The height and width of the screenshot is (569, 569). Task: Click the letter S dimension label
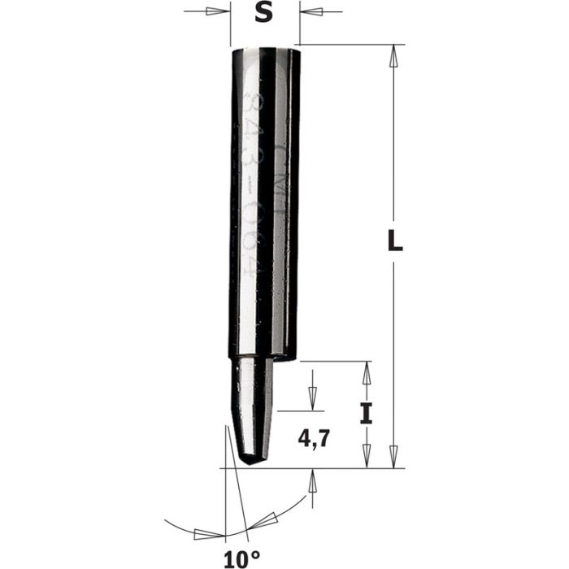(x=264, y=13)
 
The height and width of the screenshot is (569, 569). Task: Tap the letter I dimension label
(x=366, y=415)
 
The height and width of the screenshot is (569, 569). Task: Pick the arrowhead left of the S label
(x=217, y=12)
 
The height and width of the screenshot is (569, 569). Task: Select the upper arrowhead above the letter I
(x=366, y=374)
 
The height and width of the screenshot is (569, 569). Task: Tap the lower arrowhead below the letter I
(x=366, y=457)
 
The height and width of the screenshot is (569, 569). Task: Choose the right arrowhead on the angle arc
(x=268, y=519)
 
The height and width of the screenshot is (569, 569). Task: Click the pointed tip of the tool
(x=253, y=464)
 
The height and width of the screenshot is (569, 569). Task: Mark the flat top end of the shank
(x=266, y=50)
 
